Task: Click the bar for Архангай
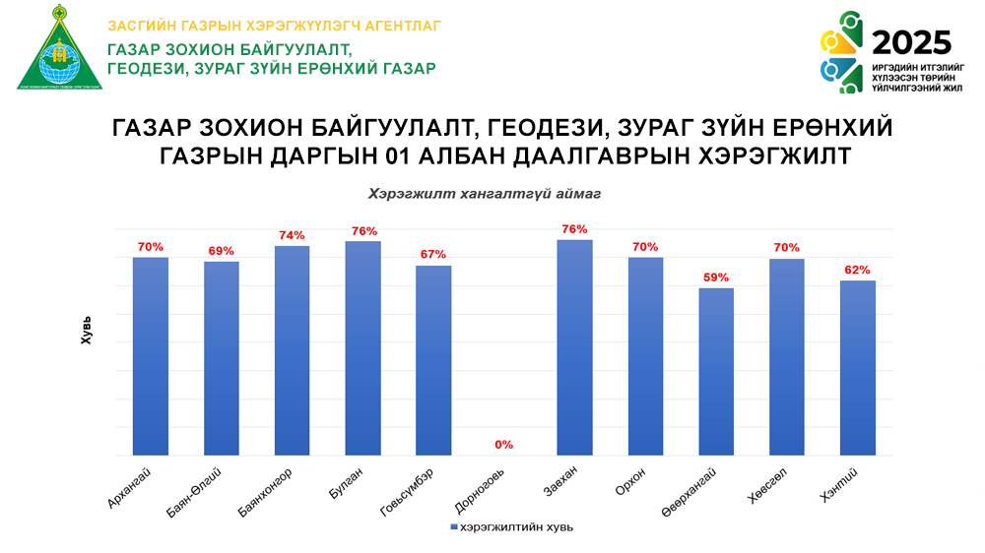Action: pyautogui.click(x=151, y=356)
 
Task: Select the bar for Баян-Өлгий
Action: pyautogui.click(x=222, y=358)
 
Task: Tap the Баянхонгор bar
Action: pyautogui.click(x=293, y=350)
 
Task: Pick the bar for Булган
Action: pyautogui.click(x=363, y=348)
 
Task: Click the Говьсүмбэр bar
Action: pyautogui.click(x=433, y=360)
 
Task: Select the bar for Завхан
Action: pyautogui.click(x=575, y=347)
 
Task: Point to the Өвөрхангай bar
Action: pyautogui.click(x=716, y=372)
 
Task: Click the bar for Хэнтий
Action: pyautogui.click(x=858, y=368)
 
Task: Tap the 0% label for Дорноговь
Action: pyautogui.click(x=504, y=445)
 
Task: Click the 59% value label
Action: pyautogui.click(x=716, y=276)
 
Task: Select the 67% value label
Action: pyautogui.click(x=433, y=254)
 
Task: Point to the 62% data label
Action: pyautogui.click(x=858, y=270)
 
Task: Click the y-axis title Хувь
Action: pyautogui.click(x=87, y=330)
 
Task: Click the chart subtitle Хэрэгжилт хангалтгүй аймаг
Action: pyautogui.click(x=484, y=195)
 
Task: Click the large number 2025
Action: pyautogui.click(x=912, y=42)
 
